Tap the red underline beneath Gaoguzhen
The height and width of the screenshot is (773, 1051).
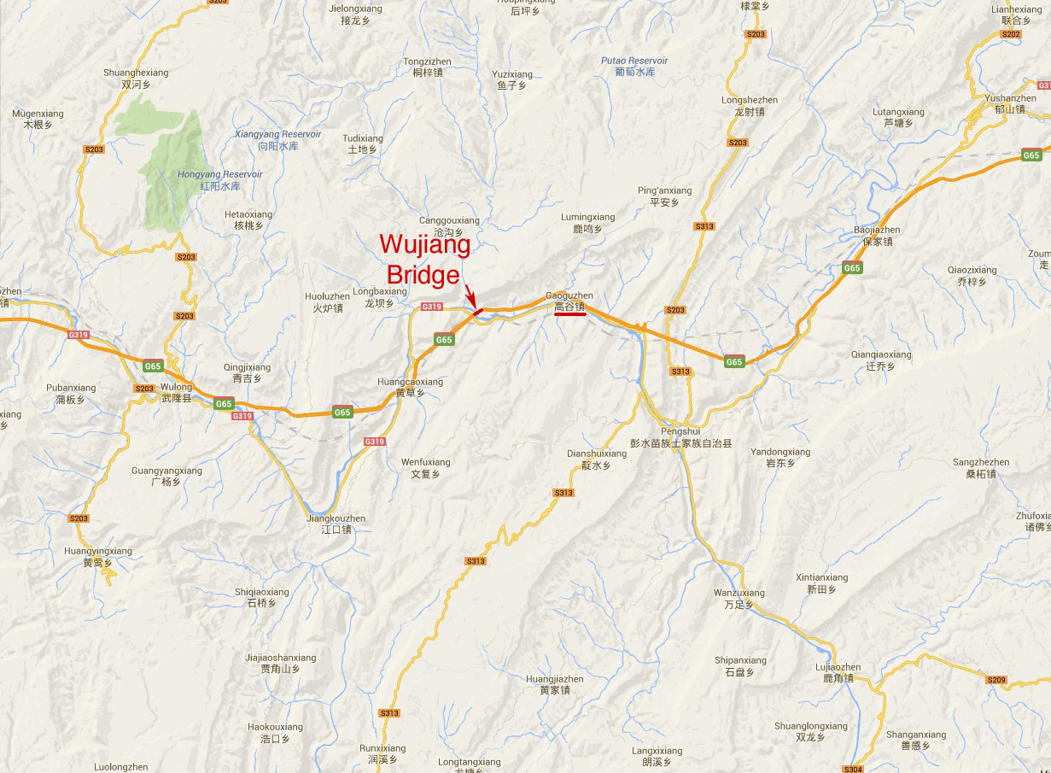point(569,313)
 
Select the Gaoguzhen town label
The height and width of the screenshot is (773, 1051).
point(569,301)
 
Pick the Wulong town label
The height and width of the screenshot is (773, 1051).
point(177,392)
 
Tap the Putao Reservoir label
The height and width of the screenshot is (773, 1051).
point(634,66)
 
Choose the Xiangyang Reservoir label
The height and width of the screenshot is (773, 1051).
point(278,140)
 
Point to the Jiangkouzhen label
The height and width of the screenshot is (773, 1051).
point(336,524)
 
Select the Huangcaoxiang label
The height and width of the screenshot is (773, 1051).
point(410,387)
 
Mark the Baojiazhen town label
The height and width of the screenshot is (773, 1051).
point(877,236)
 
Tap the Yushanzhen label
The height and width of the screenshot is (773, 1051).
point(1010,103)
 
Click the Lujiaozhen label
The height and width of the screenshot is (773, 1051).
point(838,672)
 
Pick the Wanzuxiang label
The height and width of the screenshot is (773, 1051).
point(739,598)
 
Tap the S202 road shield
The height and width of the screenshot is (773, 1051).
point(1011,34)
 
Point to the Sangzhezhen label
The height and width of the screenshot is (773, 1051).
point(981,467)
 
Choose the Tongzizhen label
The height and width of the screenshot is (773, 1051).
point(427,67)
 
